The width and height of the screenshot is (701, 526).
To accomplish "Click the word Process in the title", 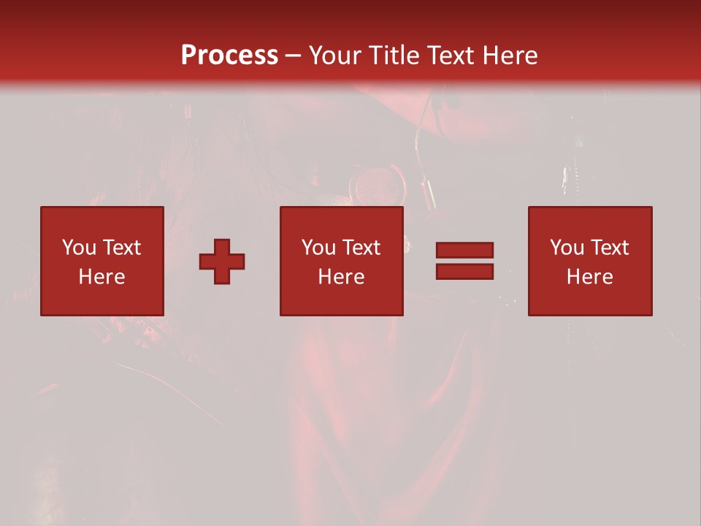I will pos(229,56).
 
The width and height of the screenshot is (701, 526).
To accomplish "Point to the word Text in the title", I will pos(451,56).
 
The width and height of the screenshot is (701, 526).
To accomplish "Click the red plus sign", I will pos(222,261).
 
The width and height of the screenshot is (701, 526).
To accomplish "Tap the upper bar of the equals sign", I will pos(464,250).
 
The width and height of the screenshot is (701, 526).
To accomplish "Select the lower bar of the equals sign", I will pos(464,272).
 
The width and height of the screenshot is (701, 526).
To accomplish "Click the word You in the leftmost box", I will pos(78,248).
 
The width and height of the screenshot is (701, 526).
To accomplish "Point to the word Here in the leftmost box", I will pos(102,277).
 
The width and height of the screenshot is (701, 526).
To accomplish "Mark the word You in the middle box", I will pos(318,248).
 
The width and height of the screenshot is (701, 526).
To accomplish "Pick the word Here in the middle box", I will pos(342,277).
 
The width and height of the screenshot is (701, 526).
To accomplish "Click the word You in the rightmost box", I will pos(566,248).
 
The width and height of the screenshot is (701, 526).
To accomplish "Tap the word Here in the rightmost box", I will pos(590,277).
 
